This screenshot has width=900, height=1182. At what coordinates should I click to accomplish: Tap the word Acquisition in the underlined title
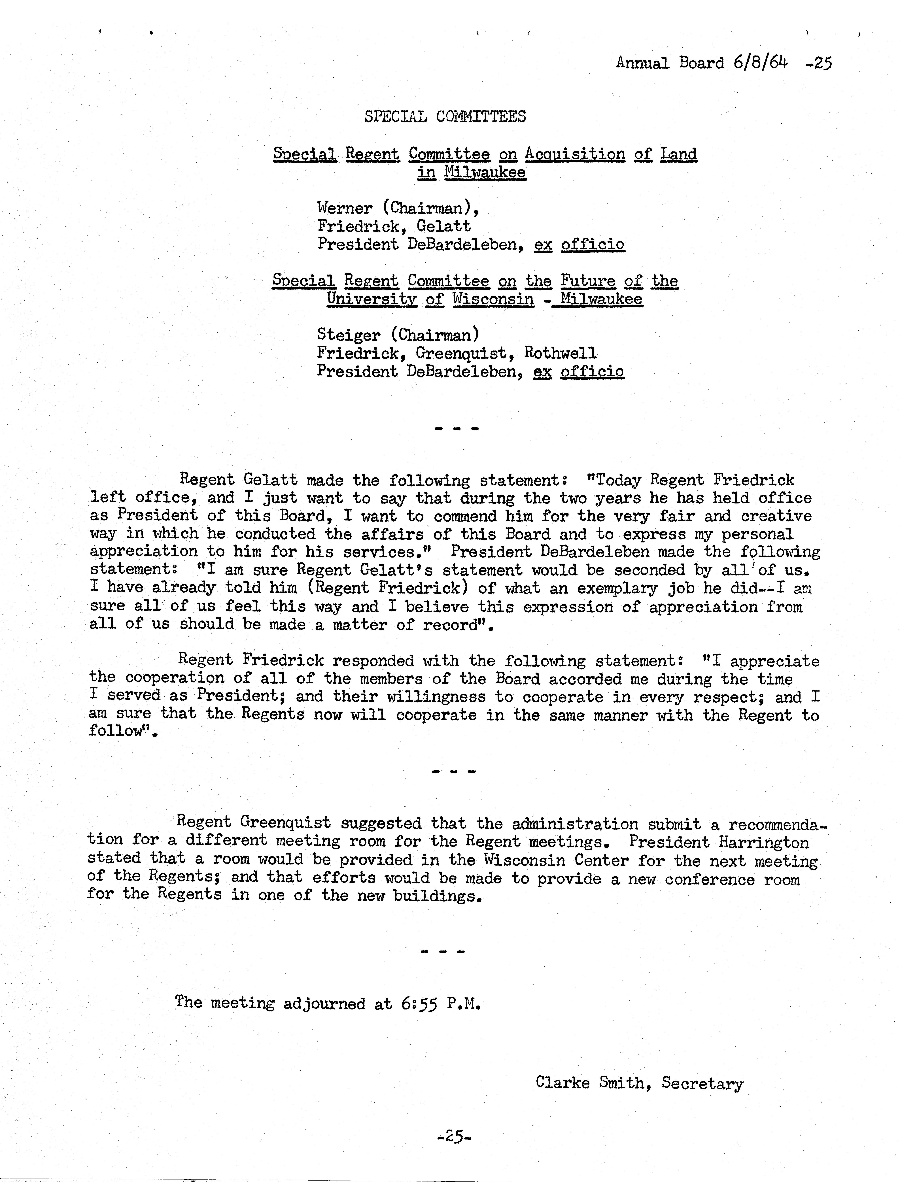(x=575, y=154)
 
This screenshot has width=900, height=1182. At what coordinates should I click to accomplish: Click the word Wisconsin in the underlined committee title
(x=493, y=299)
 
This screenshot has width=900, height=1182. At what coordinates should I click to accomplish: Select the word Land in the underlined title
(x=678, y=154)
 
